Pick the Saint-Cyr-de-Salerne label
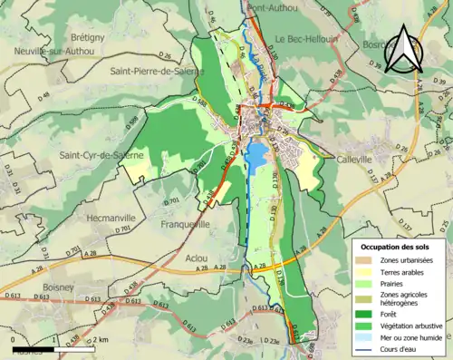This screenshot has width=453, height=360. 101,155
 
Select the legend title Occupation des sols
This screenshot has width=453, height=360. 396,247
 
